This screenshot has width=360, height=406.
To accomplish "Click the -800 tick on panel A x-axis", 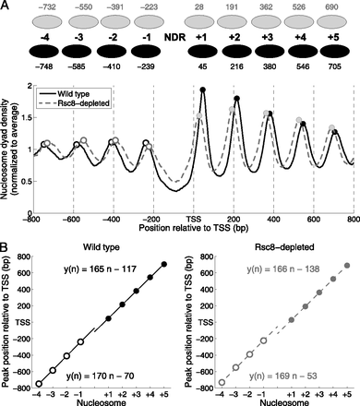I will click(x=33, y=222).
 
